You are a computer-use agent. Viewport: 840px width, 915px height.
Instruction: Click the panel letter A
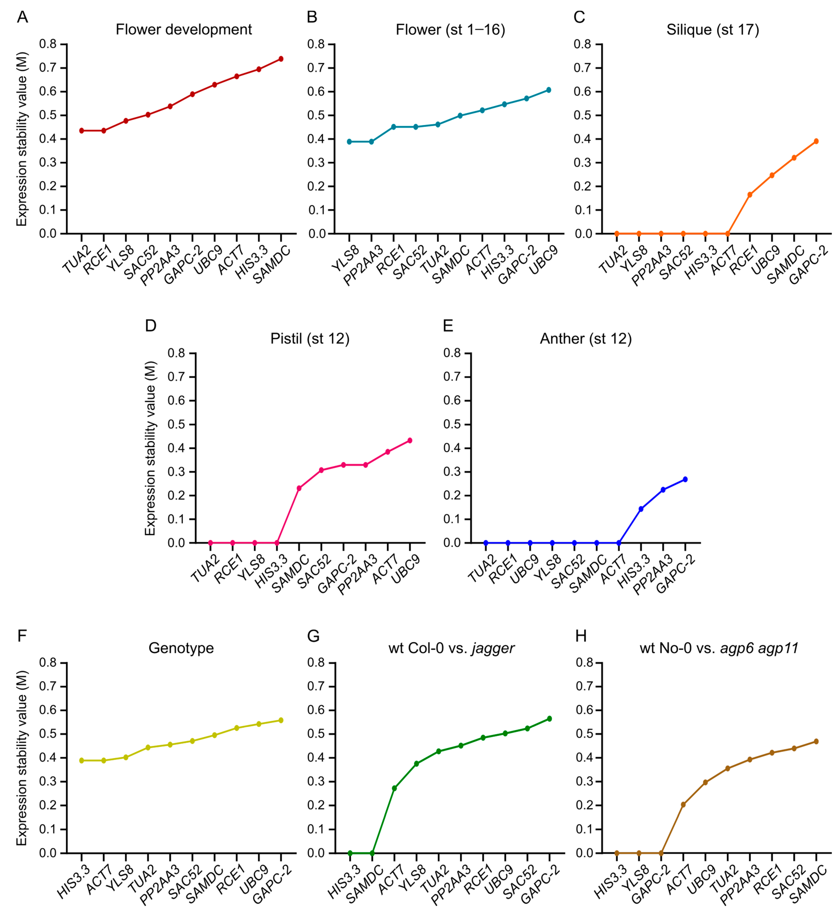[22, 17]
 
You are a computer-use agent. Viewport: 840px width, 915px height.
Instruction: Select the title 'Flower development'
[184, 30]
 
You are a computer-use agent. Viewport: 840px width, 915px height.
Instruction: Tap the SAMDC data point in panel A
[281, 59]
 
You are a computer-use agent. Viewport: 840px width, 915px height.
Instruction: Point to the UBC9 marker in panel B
[549, 90]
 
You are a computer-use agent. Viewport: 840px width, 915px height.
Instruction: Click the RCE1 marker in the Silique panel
[749, 195]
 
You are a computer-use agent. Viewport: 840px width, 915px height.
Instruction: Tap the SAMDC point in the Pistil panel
[299, 488]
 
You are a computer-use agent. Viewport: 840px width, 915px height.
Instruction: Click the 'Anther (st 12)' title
[585, 339]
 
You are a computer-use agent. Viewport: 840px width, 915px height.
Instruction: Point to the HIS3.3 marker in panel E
[641, 509]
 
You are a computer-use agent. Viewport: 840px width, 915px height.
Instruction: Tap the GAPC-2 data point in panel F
[281, 720]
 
